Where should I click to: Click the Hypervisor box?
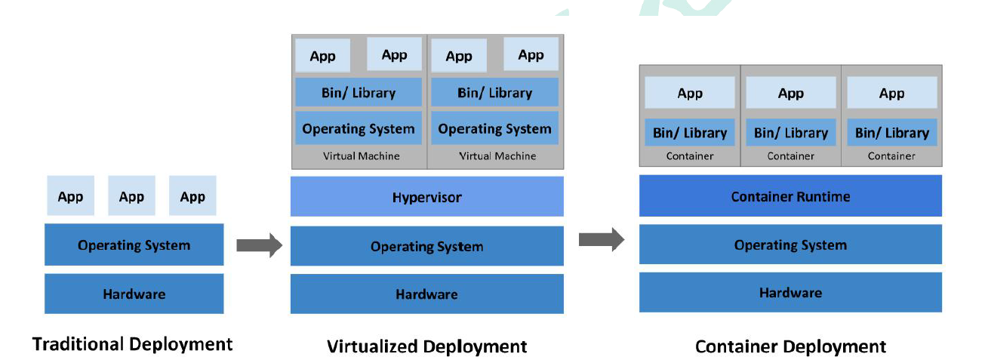tap(427, 196)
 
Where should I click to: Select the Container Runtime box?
tap(790, 195)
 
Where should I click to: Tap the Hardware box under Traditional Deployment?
tap(134, 294)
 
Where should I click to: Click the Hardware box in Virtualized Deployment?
tap(427, 294)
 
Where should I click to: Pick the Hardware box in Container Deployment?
tap(790, 292)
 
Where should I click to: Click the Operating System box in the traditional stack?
tap(134, 245)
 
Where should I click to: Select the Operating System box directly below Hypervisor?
tap(427, 246)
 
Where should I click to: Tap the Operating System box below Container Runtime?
tap(790, 245)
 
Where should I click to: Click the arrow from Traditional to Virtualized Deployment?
tap(260, 245)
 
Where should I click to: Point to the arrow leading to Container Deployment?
tap(602, 239)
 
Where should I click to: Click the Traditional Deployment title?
tap(132, 344)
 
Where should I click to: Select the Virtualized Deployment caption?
tap(426, 346)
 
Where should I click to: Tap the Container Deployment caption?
tap(790, 346)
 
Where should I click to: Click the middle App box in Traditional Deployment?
tap(131, 195)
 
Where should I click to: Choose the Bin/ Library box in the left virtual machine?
tap(359, 92)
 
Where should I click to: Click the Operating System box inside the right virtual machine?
tap(494, 128)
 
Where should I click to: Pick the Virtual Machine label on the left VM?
tap(361, 156)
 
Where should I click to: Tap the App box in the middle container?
tap(790, 93)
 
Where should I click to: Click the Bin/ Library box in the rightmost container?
tap(891, 132)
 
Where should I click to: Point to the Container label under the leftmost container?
tap(690, 156)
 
